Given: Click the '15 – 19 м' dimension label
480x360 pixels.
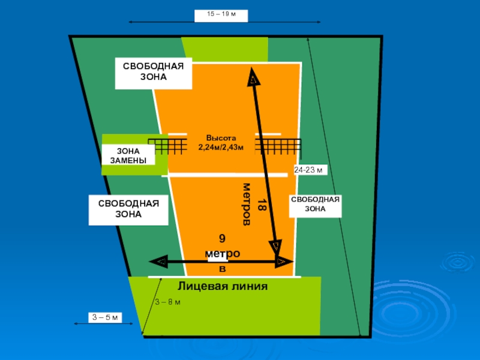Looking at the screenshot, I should (221, 15).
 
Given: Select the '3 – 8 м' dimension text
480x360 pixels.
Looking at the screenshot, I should (167, 301).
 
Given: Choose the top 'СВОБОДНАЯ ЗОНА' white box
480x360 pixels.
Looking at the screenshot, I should (153, 73).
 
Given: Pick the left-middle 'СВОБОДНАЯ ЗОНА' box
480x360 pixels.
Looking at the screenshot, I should (128, 209).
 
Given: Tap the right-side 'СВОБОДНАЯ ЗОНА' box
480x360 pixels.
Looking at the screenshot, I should (315, 204).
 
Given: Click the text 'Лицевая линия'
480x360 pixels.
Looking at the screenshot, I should (223, 286).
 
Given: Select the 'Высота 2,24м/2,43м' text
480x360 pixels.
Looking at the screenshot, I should (222, 142).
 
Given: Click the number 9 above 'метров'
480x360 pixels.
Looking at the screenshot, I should (222, 239).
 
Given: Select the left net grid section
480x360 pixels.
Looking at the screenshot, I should (166, 147).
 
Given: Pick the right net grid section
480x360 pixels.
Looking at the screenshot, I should (280, 147).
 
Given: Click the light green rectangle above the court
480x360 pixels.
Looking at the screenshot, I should (224, 49).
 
